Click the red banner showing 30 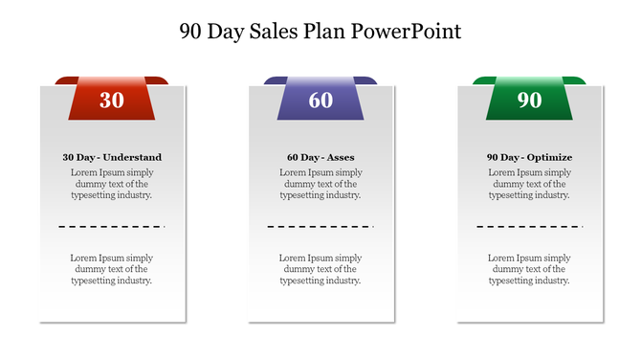coord(112,99)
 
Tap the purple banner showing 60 coord(320,99)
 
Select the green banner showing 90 coord(529,99)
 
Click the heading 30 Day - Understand coord(112,157)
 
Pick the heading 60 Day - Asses coord(320,157)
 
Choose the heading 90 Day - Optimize coord(529,157)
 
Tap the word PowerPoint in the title coord(406,31)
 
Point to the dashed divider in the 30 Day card coord(112,227)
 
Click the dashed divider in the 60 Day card coord(320,227)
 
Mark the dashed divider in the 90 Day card coord(529,227)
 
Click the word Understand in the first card coord(133,157)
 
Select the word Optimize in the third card coord(550,157)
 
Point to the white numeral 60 coord(320,100)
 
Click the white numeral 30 coord(112,100)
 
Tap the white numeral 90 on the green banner coord(529,100)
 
